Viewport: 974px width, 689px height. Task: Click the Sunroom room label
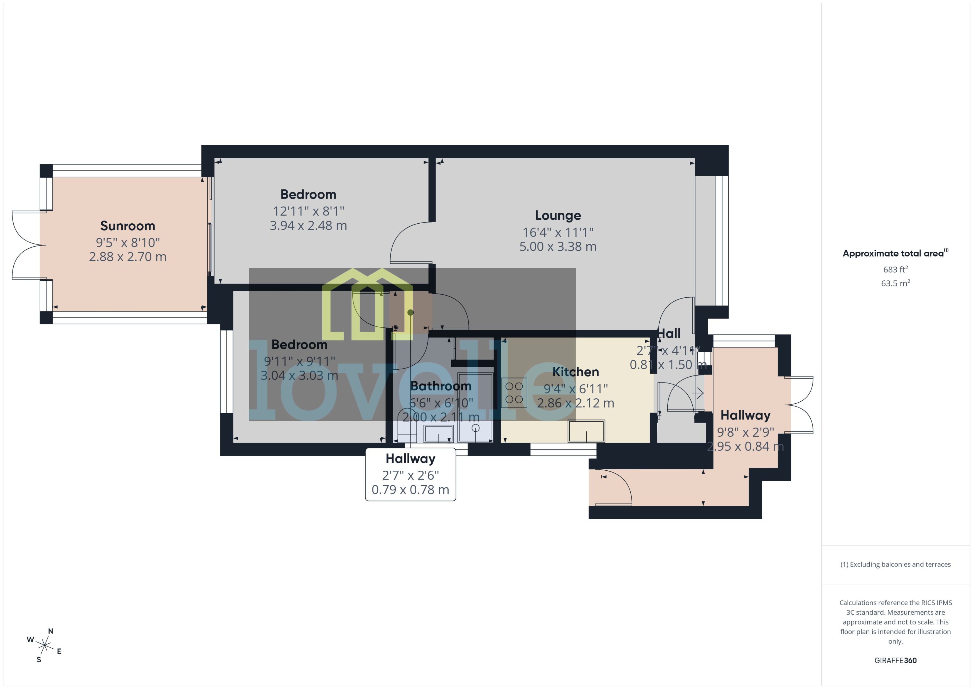pos(127,226)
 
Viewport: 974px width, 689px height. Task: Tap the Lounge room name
pos(558,216)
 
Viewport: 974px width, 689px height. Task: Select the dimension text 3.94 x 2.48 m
pos(308,226)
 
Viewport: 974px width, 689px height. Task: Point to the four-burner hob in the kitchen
pos(514,393)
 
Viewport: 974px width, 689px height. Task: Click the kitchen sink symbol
pos(587,431)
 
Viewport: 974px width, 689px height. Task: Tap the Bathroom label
pos(441,386)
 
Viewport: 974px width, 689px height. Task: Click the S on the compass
pos(39,660)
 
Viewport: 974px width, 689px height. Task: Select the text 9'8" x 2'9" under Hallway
pos(745,432)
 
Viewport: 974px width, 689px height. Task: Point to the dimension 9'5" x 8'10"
pos(127,243)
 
